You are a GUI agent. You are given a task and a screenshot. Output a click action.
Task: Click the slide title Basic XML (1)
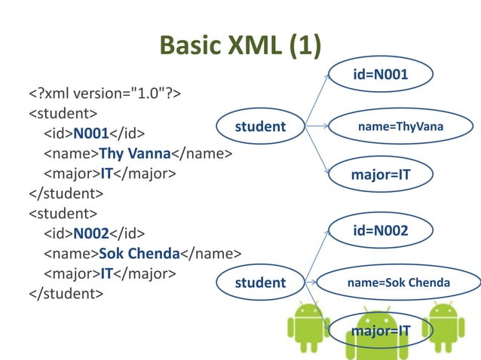point(240,46)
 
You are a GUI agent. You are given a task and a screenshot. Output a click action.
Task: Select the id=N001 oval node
point(381,75)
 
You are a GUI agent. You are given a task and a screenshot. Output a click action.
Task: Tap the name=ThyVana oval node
point(400,127)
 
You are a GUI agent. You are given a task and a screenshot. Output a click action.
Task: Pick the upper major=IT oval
point(381,175)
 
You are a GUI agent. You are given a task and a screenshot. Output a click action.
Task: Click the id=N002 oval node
point(381,230)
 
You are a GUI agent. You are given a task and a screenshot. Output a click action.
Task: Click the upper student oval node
point(260,127)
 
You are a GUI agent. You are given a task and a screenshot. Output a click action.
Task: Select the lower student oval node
point(260,282)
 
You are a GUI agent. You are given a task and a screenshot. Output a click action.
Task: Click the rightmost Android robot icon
point(446,325)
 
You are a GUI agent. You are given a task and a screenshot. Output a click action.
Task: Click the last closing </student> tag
point(66,293)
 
